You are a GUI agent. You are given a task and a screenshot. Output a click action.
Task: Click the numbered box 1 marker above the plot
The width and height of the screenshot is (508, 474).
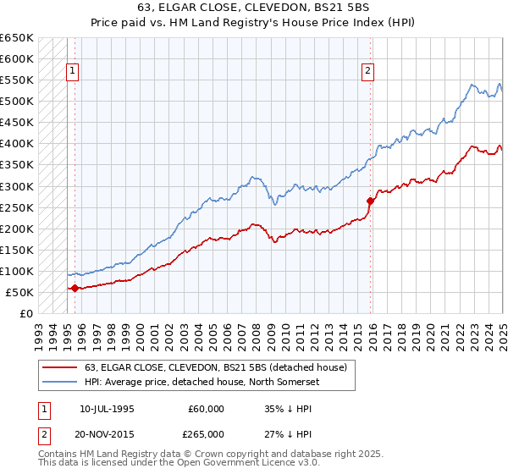click(74, 71)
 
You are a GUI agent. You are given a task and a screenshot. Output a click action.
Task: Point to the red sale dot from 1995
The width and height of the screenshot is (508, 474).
click(75, 288)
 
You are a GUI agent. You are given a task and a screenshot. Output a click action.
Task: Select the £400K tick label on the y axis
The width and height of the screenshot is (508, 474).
click(17, 144)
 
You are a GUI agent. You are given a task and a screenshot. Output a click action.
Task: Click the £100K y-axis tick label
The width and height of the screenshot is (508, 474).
click(17, 271)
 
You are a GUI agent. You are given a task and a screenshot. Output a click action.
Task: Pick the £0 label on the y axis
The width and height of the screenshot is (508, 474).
click(25, 314)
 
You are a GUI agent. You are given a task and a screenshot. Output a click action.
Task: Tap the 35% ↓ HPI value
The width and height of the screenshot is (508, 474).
click(289, 409)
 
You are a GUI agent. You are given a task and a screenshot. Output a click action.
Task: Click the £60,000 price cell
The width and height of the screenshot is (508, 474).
click(207, 409)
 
